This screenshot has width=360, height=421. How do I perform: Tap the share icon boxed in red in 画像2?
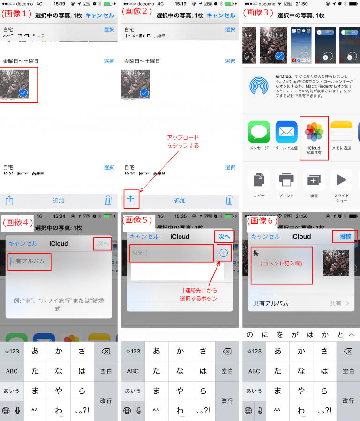point(131,200)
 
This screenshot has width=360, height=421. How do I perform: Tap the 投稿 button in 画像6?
point(345,237)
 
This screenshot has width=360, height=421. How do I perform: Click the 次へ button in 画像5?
point(224,237)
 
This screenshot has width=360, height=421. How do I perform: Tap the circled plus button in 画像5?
point(224,253)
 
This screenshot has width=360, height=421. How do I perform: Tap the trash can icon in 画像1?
point(108,201)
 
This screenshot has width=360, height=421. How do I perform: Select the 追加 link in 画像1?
point(59,201)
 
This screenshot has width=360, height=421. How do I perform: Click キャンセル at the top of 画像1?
point(99,15)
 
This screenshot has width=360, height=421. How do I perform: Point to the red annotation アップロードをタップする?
point(183,142)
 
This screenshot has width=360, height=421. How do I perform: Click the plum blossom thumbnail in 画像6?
point(336,263)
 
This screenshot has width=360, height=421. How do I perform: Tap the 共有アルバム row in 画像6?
point(300,303)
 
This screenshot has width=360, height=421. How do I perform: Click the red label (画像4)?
point(18,223)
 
